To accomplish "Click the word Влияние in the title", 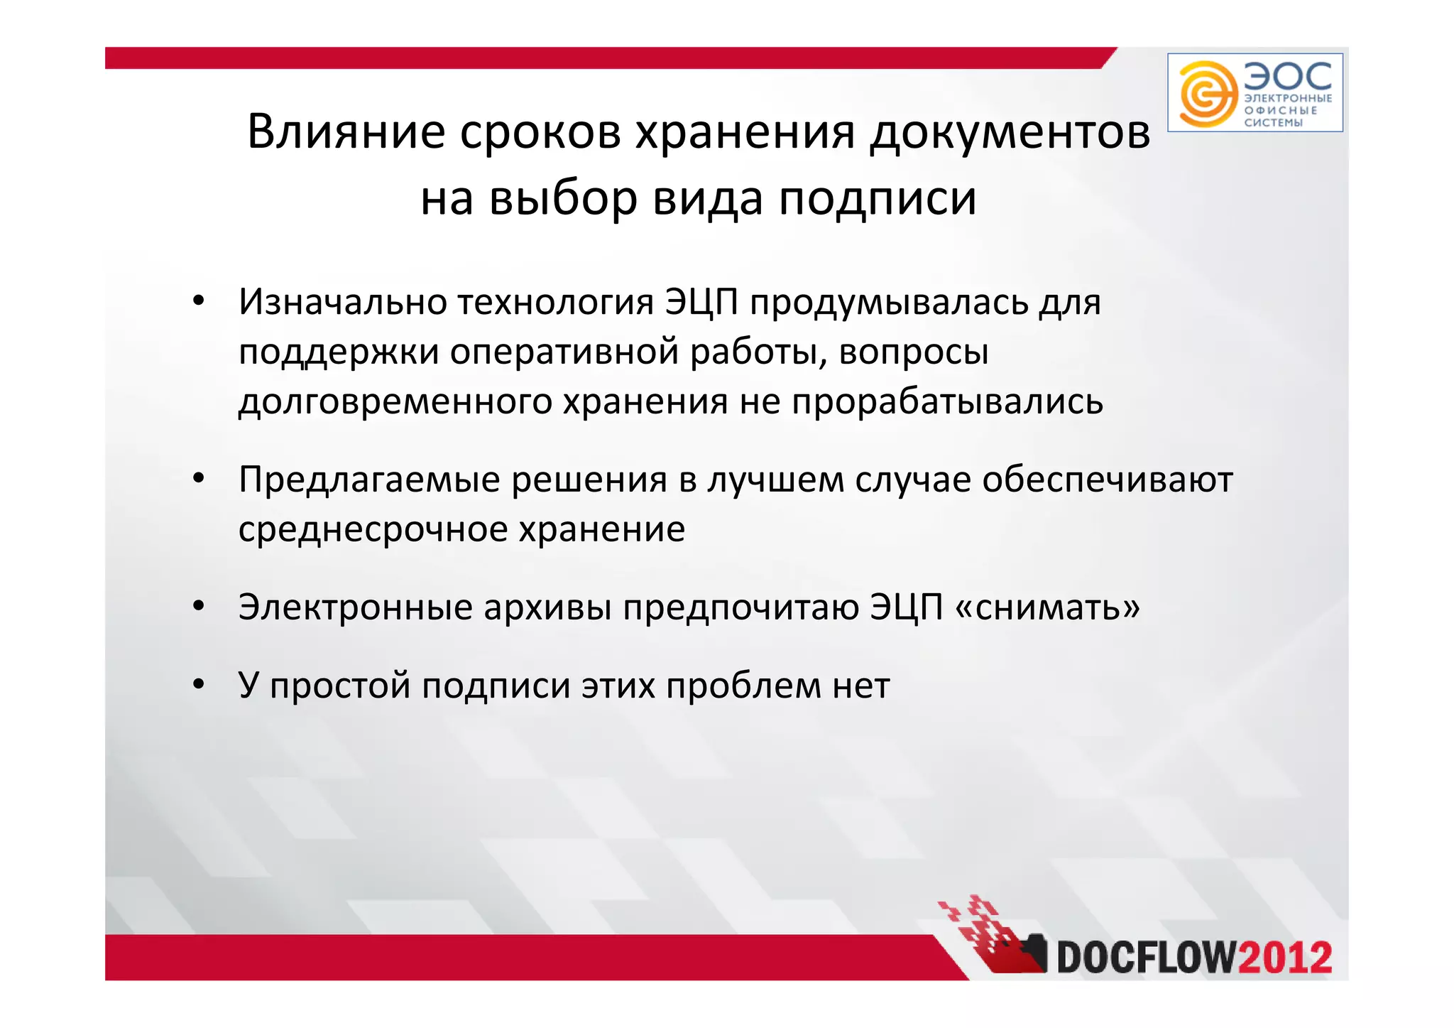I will click(346, 132).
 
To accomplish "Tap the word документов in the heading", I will click(1010, 132).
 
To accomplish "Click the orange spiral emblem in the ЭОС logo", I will click(1205, 94).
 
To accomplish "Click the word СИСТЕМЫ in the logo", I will click(1273, 123).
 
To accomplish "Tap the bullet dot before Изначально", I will click(199, 301).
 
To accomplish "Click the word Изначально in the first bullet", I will click(343, 301).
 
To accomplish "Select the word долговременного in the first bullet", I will click(395, 401).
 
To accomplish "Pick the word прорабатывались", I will click(948, 401).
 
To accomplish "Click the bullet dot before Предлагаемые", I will click(199, 479).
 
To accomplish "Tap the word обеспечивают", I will click(1108, 479).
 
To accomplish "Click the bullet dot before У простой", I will click(199, 685).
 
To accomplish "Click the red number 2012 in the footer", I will click(1285, 957).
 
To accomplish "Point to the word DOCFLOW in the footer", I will click(1147, 957).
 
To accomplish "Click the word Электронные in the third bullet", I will click(355, 607).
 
